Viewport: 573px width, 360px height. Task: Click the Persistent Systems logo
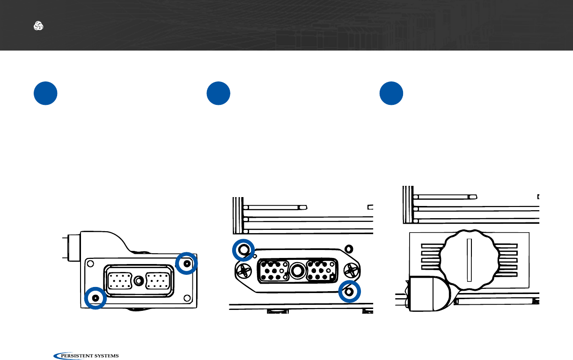click(87, 356)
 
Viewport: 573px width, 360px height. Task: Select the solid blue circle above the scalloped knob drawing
click(391, 94)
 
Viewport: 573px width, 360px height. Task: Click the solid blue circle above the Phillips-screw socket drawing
click(219, 94)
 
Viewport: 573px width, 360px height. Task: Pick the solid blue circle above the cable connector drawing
click(45, 94)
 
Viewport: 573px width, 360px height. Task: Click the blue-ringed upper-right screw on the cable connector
click(187, 264)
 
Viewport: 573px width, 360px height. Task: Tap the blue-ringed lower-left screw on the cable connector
click(96, 298)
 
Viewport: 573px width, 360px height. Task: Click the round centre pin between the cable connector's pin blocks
click(138, 281)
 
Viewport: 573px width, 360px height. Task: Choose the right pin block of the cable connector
click(156, 281)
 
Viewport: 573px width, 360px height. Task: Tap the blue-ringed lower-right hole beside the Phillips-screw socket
click(349, 292)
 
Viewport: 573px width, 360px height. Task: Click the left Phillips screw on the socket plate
click(244, 270)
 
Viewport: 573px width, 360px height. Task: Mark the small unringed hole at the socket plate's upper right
click(348, 248)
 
